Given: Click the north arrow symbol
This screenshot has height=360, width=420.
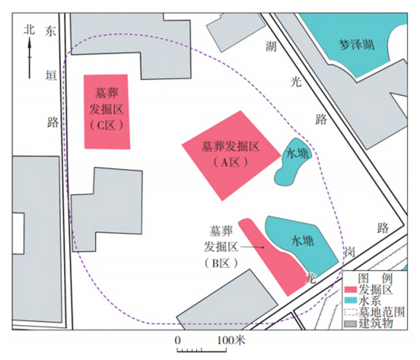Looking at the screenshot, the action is click(30, 58).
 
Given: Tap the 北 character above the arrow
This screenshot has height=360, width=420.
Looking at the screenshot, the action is click(29, 30).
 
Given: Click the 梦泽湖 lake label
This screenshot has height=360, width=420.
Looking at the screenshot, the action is click(357, 44).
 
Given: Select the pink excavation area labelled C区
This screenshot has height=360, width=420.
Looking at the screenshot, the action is click(107, 112).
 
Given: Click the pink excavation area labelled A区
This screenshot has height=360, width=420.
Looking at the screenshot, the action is click(231, 155).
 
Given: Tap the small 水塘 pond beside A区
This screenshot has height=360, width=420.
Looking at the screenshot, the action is click(294, 162).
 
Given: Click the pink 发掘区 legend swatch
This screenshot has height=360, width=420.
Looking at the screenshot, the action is click(351, 290).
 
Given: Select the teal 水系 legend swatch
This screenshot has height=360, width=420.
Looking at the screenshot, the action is click(351, 300).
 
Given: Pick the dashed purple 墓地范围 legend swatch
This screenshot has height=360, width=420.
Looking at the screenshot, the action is click(351, 312).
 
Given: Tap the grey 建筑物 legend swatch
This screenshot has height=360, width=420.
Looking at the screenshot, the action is click(351, 324).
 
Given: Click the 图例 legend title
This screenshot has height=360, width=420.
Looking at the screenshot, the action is click(375, 279).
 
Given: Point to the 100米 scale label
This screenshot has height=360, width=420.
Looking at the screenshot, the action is click(231, 340).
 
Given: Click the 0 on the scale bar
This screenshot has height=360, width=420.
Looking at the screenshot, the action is click(177, 340).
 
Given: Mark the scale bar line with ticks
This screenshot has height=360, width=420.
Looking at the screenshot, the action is click(201, 350).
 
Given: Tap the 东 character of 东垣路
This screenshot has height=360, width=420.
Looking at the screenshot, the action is click(50, 31).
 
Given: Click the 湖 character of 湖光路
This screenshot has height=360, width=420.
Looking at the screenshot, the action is click(271, 46).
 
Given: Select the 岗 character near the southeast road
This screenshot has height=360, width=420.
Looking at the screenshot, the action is click(350, 252).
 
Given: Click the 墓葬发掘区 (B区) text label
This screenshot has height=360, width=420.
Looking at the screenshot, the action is click(221, 247).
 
